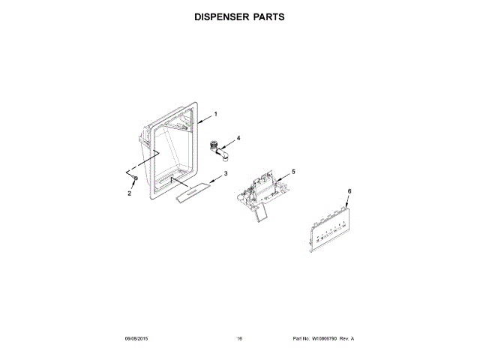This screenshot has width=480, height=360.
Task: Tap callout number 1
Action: pyautogui.click(x=215, y=114)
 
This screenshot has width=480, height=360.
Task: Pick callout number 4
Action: pyautogui.click(x=238, y=138)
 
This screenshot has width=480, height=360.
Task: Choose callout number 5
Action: pyautogui.click(x=293, y=172)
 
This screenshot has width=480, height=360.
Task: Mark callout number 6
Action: pyautogui.click(x=349, y=192)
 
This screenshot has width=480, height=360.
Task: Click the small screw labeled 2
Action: pyautogui.click(x=134, y=180)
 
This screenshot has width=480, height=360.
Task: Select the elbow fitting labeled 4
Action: pyautogui.click(x=220, y=149)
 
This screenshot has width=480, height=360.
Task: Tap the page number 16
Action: pyautogui.click(x=239, y=339)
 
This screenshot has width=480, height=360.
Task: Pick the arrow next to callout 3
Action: pyautogui.click(x=214, y=178)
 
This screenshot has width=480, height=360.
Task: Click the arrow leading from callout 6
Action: pyautogui.click(x=347, y=205)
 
